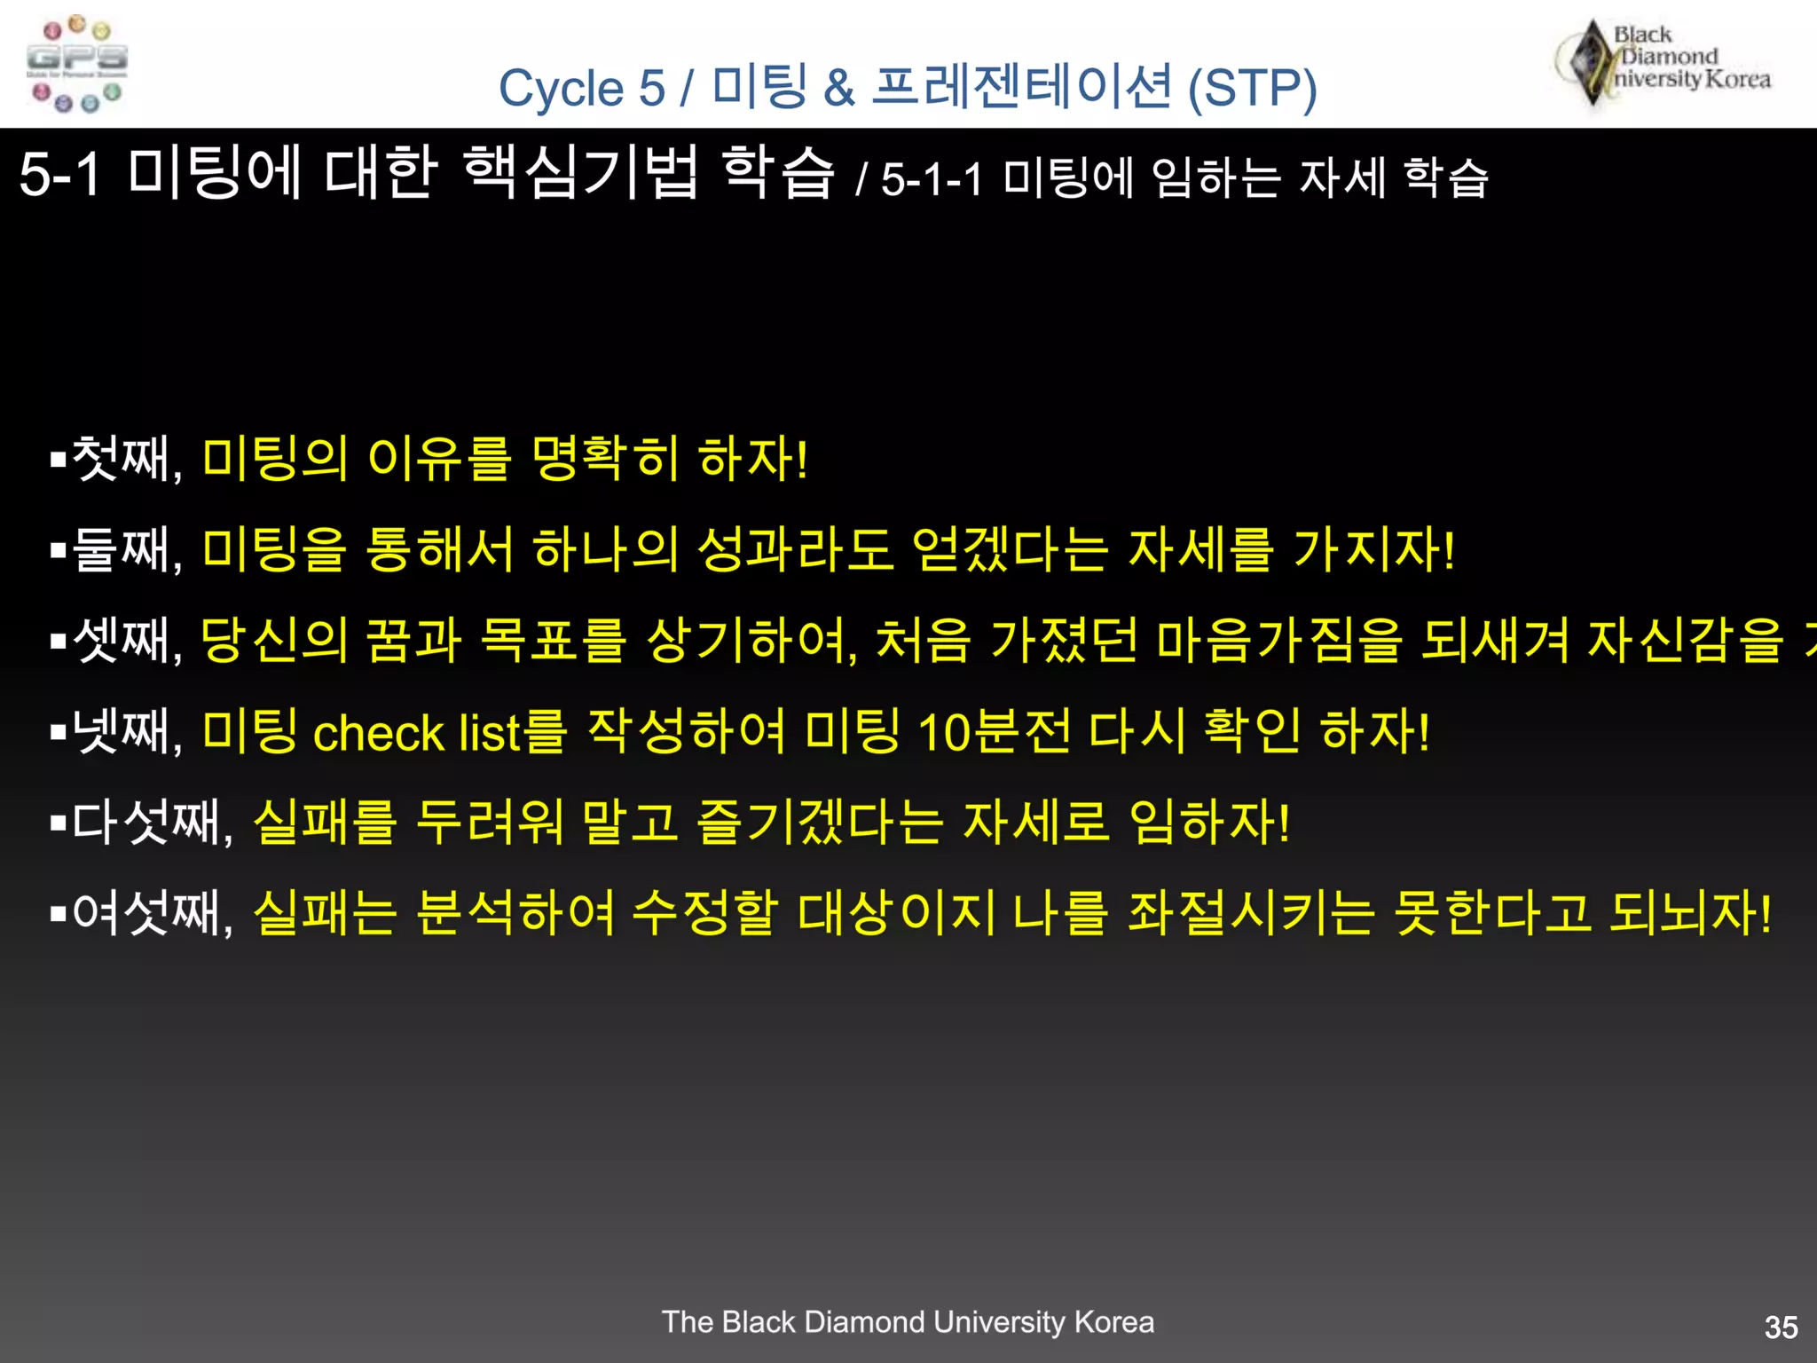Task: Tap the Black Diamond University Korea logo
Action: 1663,62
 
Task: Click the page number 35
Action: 1781,1328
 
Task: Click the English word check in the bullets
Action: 378,734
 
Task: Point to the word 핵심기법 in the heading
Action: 580,172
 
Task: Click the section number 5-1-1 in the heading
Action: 932,179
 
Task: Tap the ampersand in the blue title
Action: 838,89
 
